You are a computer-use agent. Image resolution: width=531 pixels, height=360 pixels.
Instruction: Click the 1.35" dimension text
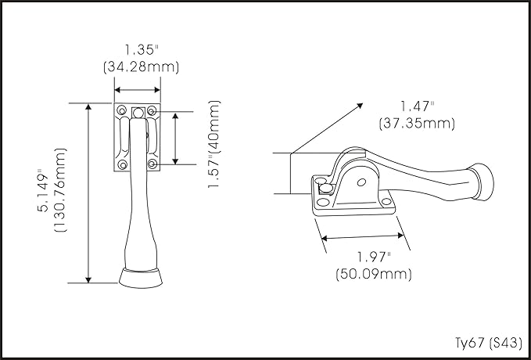142,50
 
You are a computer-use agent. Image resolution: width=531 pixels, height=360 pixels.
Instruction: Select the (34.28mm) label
141,67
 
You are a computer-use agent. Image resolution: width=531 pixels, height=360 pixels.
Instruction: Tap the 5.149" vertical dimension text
43,190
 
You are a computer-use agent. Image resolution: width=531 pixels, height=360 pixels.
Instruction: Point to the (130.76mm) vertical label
60,190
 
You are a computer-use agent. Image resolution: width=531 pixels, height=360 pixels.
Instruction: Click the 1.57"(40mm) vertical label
214,145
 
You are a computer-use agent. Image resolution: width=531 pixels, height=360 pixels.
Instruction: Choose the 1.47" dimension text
418,106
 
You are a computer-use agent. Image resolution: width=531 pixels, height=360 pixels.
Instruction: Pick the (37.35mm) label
417,123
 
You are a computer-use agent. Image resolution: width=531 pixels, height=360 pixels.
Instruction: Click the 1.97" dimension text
374,257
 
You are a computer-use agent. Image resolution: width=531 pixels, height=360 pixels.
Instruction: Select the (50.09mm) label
374,274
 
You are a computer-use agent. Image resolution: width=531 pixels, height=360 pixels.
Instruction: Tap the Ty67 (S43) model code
488,343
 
